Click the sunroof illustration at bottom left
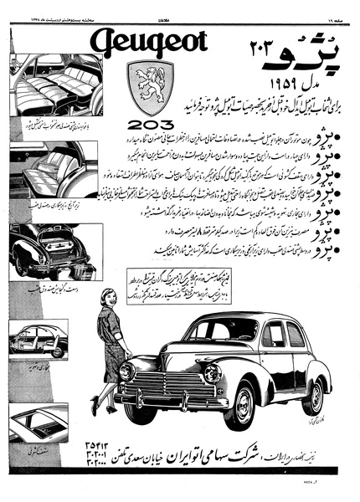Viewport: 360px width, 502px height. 42,427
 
